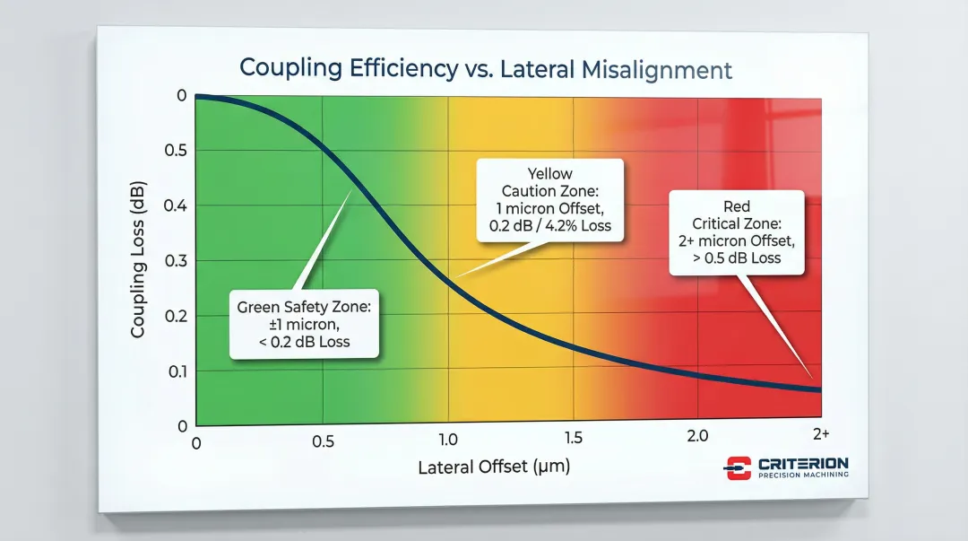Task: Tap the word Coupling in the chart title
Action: [x=285, y=68]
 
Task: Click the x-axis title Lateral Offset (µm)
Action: [x=493, y=467]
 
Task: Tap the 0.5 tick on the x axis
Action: [x=324, y=441]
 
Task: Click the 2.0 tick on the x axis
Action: [x=697, y=436]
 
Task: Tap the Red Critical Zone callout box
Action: [x=737, y=232]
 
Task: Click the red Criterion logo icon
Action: [x=737, y=467]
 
